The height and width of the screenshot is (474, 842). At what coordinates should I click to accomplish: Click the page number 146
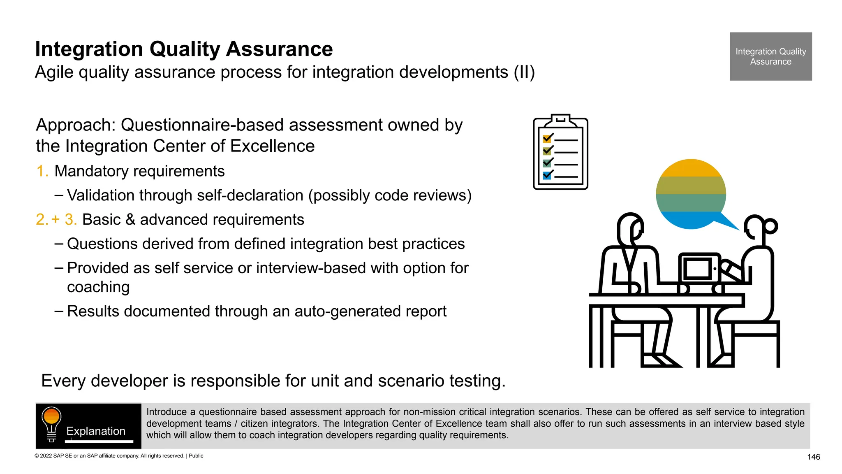coord(813,457)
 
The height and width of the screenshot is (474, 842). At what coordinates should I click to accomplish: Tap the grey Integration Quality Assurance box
coord(770,56)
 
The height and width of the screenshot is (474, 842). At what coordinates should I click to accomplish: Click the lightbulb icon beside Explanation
coord(51,424)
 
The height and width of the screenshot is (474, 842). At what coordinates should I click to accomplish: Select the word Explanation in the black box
coord(96,431)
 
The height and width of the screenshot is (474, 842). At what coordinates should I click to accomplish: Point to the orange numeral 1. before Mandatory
coord(42,171)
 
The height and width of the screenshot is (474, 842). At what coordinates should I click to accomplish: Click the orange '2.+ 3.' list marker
coord(56,220)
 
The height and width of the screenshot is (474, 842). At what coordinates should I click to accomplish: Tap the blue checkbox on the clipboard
coord(547,176)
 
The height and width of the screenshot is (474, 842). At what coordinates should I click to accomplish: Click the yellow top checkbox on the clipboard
coord(547,139)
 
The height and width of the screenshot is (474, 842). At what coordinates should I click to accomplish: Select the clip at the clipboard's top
coord(560,120)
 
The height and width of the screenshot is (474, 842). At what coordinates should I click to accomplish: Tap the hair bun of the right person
coord(770,226)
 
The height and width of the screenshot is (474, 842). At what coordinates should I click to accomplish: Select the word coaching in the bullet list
coord(98,287)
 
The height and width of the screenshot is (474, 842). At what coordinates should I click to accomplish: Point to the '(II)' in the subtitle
coord(524,72)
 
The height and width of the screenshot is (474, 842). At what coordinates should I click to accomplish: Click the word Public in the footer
coord(196,456)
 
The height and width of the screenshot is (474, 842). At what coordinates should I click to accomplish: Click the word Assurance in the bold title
coord(279,49)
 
